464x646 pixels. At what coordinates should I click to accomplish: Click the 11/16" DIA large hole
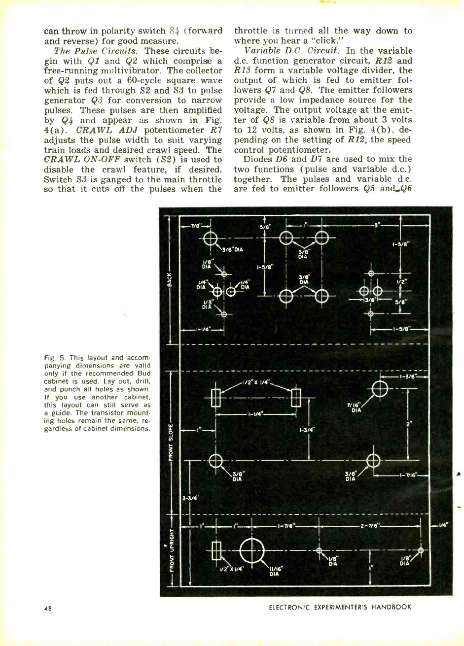click(x=252, y=550)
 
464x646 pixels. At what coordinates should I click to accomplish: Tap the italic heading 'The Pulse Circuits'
click(x=77, y=51)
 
